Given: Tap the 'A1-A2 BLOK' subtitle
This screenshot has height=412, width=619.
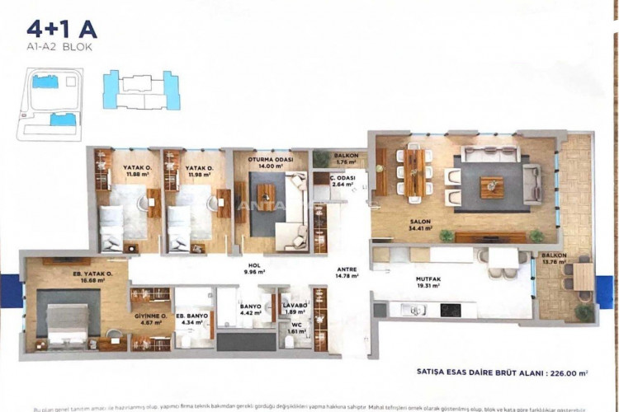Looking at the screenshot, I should coord(60,49).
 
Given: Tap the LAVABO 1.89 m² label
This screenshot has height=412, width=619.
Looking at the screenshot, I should coord(295,309).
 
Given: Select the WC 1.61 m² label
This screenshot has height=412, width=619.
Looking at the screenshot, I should coord(295,328).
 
